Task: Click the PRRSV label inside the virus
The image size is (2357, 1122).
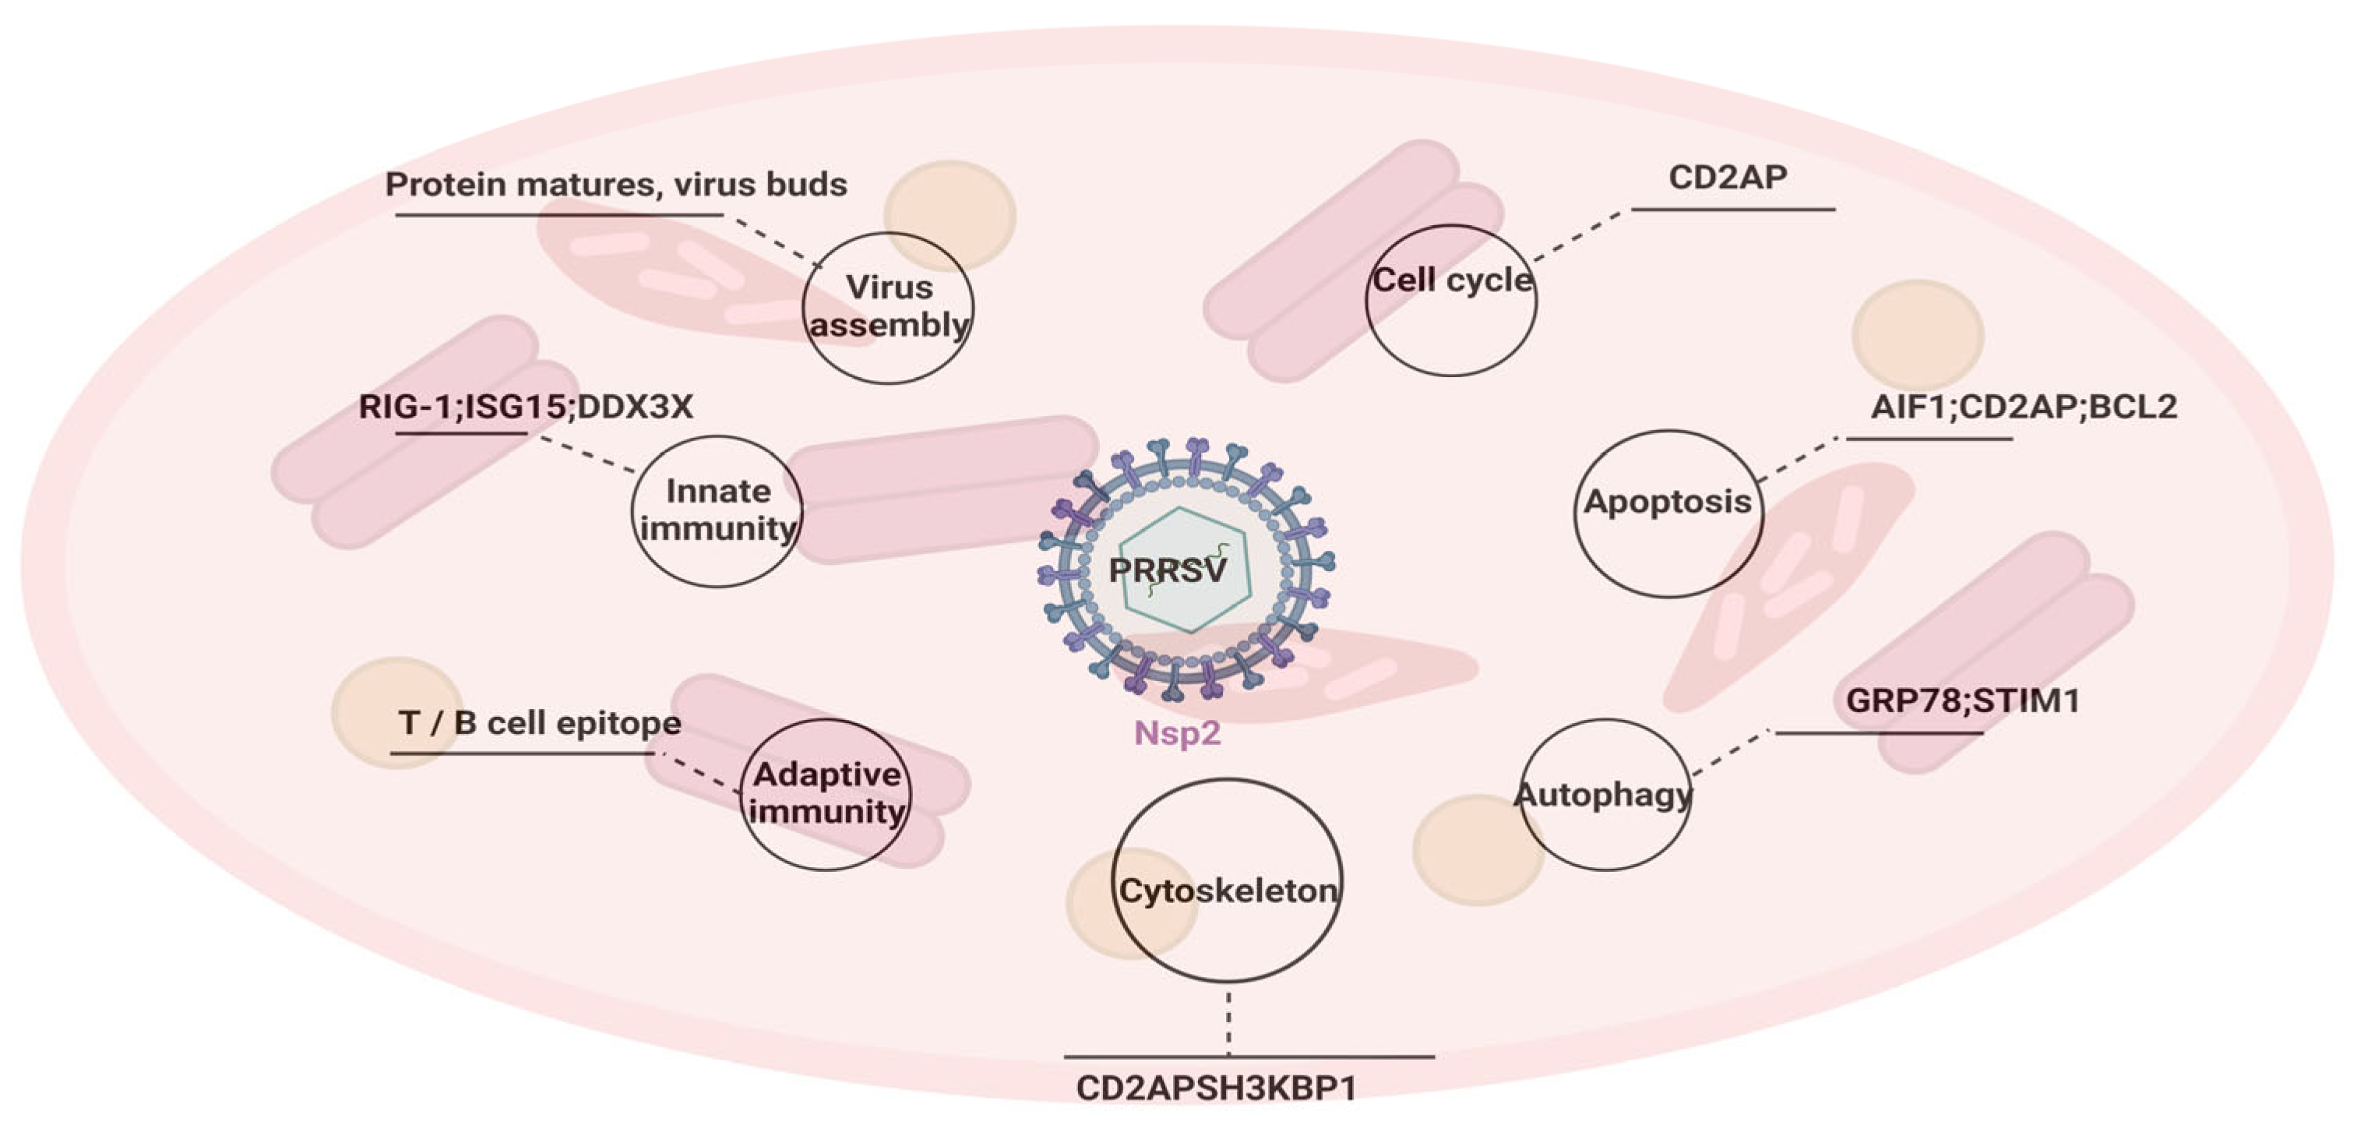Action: click(1167, 570)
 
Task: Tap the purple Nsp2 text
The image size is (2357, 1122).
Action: click(1178, 734)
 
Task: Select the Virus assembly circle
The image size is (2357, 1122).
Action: click(887, 308)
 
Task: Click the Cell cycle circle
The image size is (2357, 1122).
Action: click(1451, 300)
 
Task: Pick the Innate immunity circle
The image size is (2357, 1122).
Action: click(717, 510)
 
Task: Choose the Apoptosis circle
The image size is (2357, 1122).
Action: click(1668, 513)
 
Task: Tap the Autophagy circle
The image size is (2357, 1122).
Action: click(1605, 795)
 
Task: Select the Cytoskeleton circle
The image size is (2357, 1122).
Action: click(1227, 880)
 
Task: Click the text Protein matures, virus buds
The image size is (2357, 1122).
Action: click(616, 185)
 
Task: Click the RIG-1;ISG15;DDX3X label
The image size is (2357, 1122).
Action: click(526, 407)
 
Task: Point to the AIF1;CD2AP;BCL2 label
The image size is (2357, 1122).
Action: click(2023, 407)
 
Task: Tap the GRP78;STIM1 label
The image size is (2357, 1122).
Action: click(1963, 701)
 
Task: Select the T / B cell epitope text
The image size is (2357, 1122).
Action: click(540, 723)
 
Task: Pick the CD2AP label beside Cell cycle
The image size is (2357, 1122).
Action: click(1728, 178)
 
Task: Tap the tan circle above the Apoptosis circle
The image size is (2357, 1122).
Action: click(1918, 335)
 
